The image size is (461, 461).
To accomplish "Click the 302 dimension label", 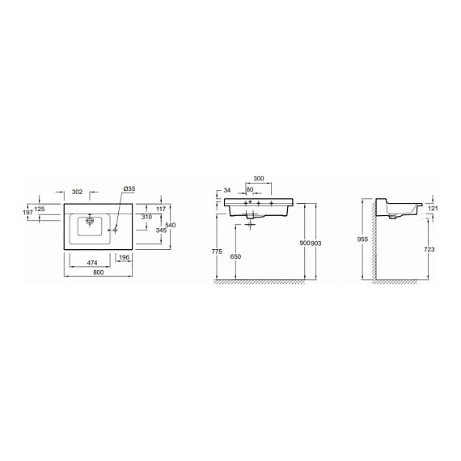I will click(78, 192).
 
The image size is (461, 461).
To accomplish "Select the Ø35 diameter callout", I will click(129, 189).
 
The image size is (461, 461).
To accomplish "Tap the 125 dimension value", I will click(40, 209).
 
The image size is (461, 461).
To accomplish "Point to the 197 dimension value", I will click(28, 213).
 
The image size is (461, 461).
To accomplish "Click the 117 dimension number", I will click(159, 210).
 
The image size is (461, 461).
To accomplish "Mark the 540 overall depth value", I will click(171, 224).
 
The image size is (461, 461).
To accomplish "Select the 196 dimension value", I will click(124, 257).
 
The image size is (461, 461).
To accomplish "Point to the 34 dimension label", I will click(227, 191).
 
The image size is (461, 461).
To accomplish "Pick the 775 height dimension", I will click(216, 252).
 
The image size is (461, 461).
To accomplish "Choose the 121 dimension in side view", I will click(433, 209).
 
